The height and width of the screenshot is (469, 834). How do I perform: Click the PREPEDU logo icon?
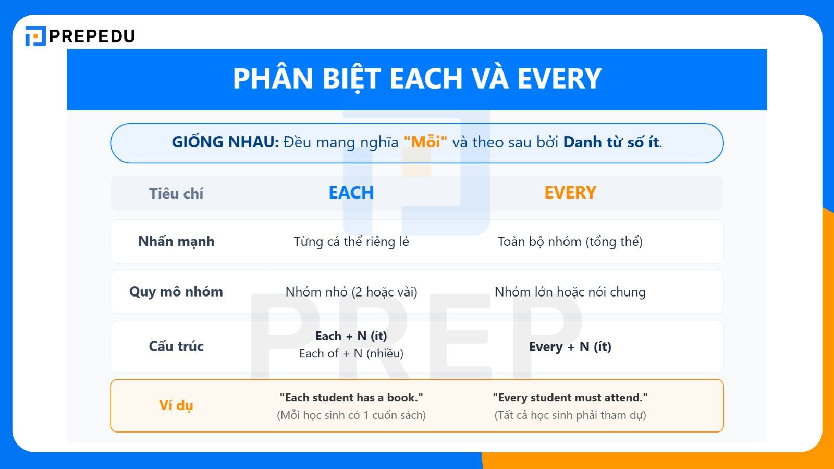pos(35,36)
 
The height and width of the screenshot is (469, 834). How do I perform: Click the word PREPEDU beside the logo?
pos(92,36)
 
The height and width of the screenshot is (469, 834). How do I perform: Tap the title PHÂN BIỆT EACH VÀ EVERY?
pos(417,79)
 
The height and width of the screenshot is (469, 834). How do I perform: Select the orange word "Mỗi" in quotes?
pos(425,142)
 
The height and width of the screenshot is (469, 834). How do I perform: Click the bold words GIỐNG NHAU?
pos(225,142)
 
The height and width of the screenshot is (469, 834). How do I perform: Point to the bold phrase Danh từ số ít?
pos(611,142)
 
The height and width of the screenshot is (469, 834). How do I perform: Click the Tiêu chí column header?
pos(176,193)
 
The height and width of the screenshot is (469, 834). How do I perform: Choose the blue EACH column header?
pos(351,193)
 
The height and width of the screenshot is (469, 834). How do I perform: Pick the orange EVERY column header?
pos(570,193)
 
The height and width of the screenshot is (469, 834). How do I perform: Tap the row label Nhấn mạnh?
pos(176,241)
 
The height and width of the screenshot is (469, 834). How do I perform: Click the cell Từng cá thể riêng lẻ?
pos(351,242)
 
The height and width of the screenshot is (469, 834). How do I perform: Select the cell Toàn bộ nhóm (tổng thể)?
pos(570,242)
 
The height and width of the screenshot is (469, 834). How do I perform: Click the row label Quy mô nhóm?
pos(176,292)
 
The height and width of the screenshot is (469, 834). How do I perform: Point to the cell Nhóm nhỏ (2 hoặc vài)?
pos(351,292)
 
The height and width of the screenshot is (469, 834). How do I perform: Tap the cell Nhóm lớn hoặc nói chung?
pos(570,292)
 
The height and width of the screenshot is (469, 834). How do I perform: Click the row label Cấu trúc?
pos(176,347)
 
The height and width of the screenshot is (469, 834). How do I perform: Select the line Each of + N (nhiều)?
pos(351,354)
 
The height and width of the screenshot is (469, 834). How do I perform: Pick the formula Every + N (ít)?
pos(570,347)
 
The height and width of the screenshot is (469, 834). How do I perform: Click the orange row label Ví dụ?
pos(176,405)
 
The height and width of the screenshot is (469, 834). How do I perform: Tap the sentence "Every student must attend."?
pos(570,398)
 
